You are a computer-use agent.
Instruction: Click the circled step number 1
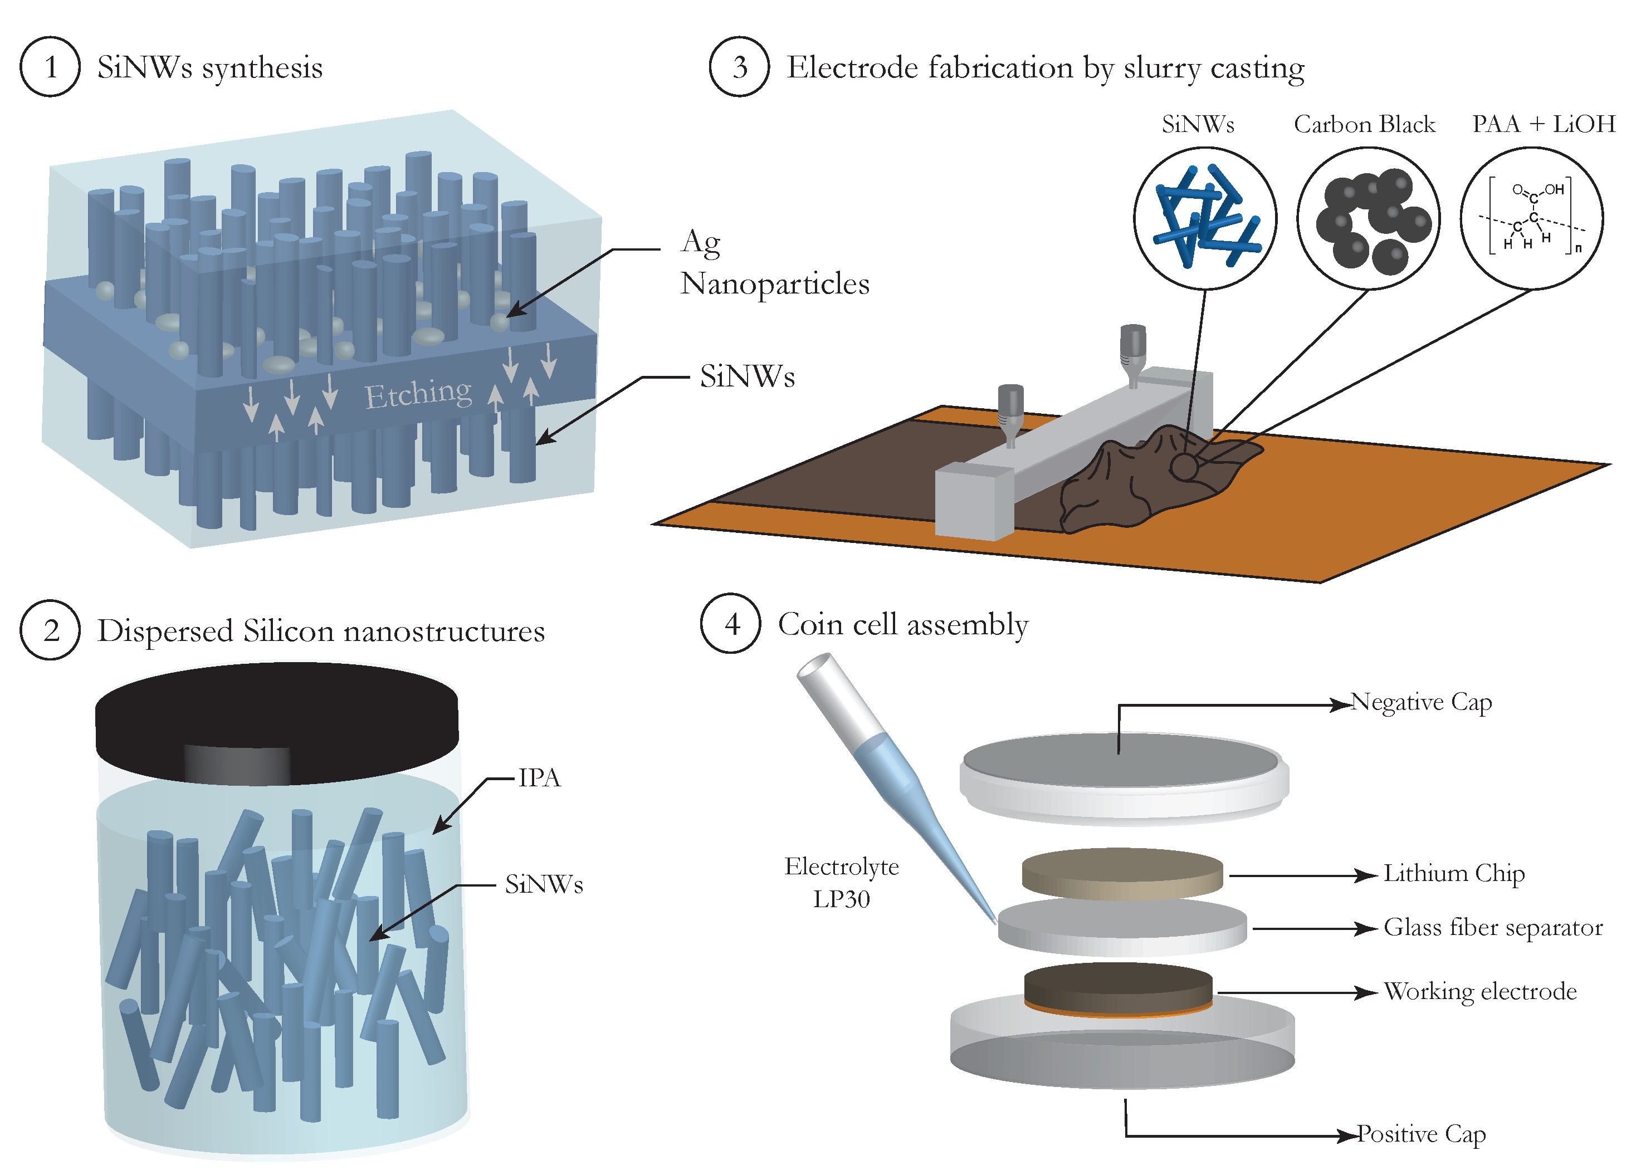(x=50, y=66)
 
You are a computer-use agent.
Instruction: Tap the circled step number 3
(x=739, y=66)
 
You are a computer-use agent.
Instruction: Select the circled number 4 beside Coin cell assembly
(x=731, y=624)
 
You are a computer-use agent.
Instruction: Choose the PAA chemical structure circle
(x=1531, y=218)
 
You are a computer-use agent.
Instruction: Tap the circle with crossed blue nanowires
(x=1204, y=218)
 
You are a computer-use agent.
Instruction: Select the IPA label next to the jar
(x=539, y=778)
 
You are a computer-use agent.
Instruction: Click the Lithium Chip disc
(x=1121, y=873)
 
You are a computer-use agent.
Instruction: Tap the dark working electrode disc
(x=1118, y=986)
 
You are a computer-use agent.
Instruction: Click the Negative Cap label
(x=1420, y=702)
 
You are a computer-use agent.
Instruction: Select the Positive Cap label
(x=1420, y=1134)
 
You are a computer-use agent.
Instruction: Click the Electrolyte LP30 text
(x=841, y=883)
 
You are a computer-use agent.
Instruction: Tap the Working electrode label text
(x=1479, y=992)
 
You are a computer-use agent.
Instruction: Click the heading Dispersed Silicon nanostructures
(x=321, y=631)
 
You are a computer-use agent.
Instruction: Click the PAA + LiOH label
(x=1543, y=124)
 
